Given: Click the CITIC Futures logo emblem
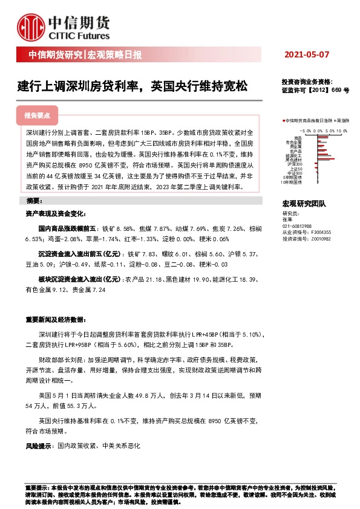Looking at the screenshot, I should click(30, 25).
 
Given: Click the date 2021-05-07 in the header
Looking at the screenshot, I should click(307, 55).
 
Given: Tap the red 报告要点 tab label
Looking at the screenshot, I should click(37, 115).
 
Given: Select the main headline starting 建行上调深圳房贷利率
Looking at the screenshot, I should click(132, 86).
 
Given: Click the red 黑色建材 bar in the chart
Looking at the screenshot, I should click(326, 159).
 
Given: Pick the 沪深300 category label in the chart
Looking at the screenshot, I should click(296, 163).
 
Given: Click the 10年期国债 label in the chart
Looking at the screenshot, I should click(292, 181).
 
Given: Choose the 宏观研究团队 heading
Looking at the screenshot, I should click(304, 204).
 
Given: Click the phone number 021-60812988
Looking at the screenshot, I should click(297, 225).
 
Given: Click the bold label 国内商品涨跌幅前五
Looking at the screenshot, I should click(67, 229).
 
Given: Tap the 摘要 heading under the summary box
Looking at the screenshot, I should click(33, 200).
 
